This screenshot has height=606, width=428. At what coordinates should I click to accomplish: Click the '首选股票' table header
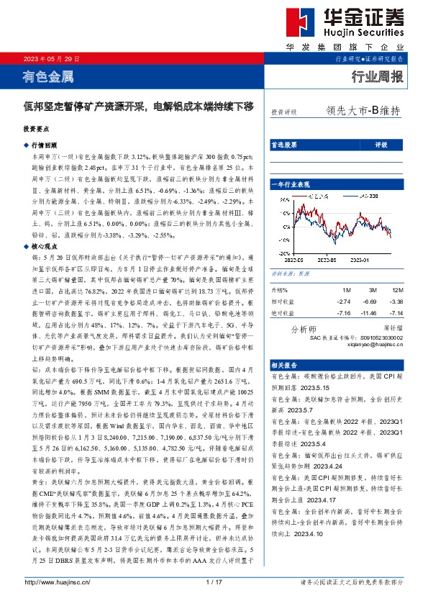coord(283,145)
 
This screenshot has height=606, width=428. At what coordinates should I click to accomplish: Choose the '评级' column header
coord(381,145)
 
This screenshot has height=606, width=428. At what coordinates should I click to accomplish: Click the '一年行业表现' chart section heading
coord(291,186)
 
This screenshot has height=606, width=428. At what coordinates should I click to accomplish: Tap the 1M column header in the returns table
coord(327,291)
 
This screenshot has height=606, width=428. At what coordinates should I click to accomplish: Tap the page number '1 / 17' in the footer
coord(214,582)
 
